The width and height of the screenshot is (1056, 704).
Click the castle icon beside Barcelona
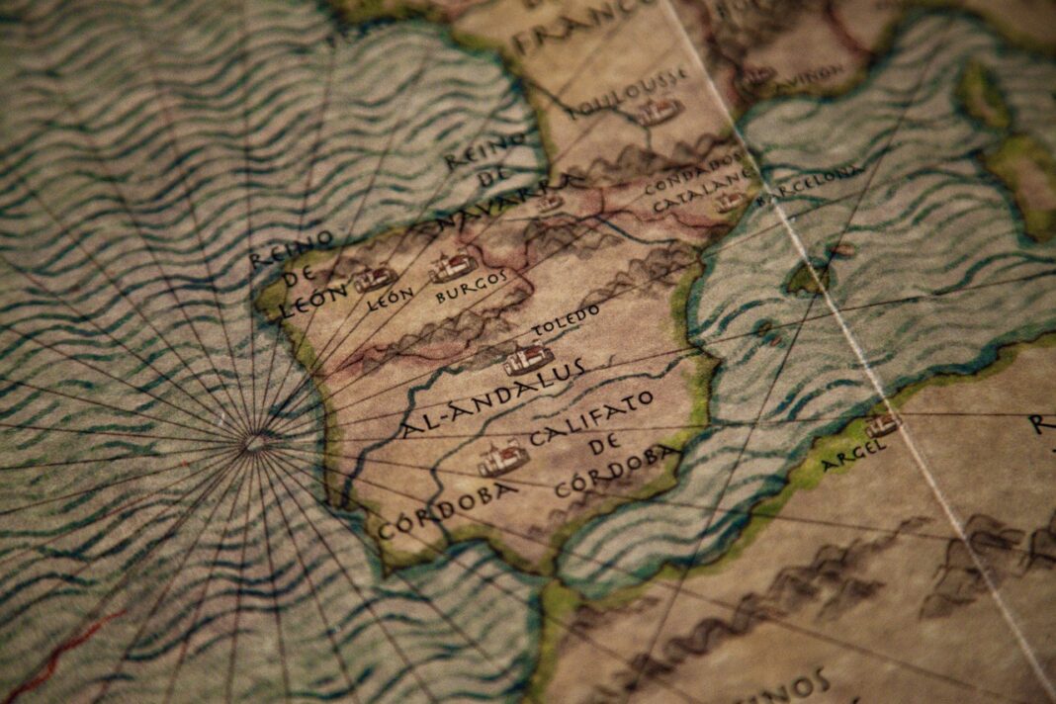[x=731, y=202]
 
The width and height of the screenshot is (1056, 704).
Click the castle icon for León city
[x=376, y=280]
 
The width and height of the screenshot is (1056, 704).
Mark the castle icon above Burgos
[x=454, y=266]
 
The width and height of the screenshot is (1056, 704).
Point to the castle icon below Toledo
[x=528, y=358]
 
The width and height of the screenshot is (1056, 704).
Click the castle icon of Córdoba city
[x=503, y=459]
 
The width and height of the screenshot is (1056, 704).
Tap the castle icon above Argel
[x=882, y=425]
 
